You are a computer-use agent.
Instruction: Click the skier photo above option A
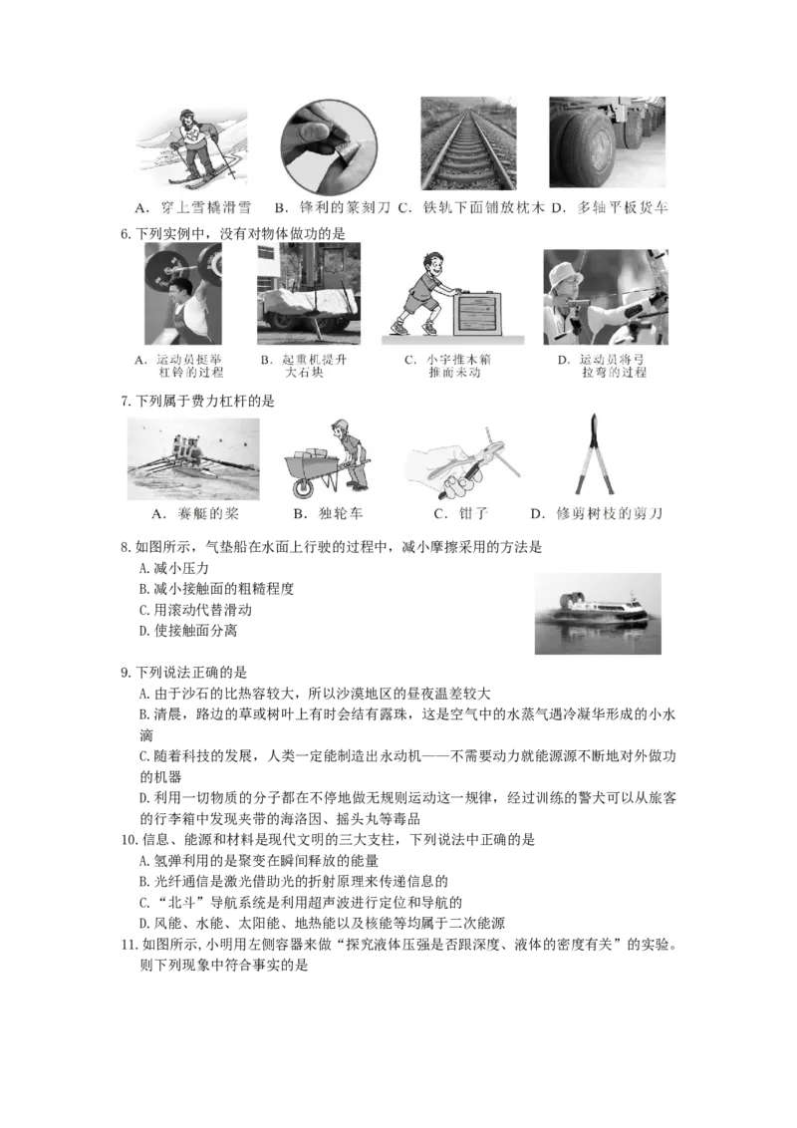click(x=191, y=149)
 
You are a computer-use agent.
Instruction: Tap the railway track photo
click(x=468, y=143)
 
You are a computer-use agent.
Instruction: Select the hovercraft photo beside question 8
click(x=598, y=614)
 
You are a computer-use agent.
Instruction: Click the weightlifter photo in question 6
click(x=182, y=294)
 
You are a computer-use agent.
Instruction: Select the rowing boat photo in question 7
click(x=193, y=459)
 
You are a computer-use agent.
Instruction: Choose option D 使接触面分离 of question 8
click(x=187, y=631)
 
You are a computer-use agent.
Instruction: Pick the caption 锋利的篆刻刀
click(x=345, y=208)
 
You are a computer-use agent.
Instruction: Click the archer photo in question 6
click(x=606, y=297)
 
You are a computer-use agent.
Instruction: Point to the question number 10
click(x=129, y=840)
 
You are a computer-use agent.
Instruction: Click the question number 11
click(x=129, y=944)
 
